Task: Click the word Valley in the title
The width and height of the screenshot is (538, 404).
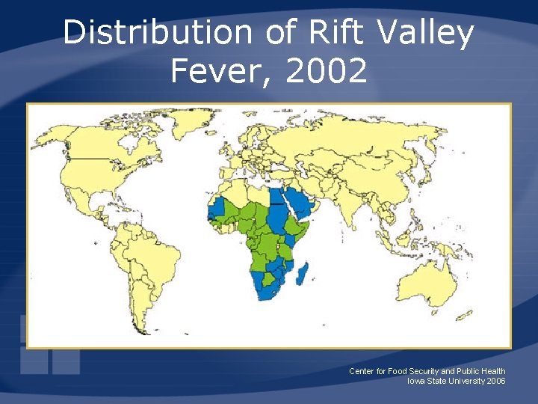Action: (426, 34)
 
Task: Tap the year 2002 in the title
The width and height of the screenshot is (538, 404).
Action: (328, 72)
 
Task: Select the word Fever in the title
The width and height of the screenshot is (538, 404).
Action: (217, 72)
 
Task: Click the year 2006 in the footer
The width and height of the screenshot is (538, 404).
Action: (495, 381)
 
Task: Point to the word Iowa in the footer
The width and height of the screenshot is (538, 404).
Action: (415, 381)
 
